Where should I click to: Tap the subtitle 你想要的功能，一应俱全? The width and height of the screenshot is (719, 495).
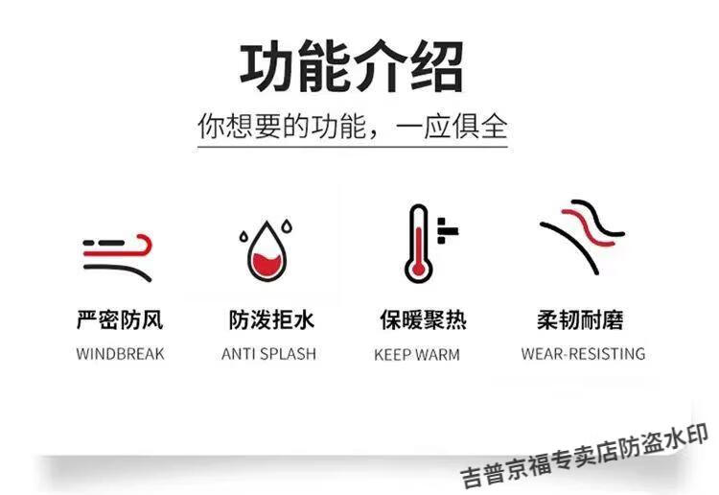point(353,127)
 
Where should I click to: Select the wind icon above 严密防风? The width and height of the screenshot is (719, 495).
point(118,258)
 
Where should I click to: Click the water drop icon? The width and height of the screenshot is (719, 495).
point(267,251)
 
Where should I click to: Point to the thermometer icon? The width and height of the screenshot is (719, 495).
point(430,243)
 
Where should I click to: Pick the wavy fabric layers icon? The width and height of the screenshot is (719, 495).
point(582,237)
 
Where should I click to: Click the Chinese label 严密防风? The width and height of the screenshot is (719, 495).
point(120,319)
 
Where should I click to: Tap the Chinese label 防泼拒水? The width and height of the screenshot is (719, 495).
point(271,319)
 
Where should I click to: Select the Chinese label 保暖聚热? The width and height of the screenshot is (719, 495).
point(423,319)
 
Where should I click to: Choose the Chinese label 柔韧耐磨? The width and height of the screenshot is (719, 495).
point(580,319)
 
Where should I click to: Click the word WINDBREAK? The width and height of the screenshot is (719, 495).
point(120,354)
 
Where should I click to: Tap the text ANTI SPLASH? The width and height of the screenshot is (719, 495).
point(268,354)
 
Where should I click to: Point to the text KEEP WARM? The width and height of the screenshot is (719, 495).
point(417,355)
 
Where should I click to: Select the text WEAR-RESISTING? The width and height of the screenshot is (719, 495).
point(583,354)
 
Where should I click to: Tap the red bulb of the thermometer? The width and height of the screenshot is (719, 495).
point(418,269)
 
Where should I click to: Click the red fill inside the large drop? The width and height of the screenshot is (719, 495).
point(267,264)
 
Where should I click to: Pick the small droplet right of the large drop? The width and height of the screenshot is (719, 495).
point(287,225)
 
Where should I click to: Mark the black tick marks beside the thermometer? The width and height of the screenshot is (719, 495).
point(447,230)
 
